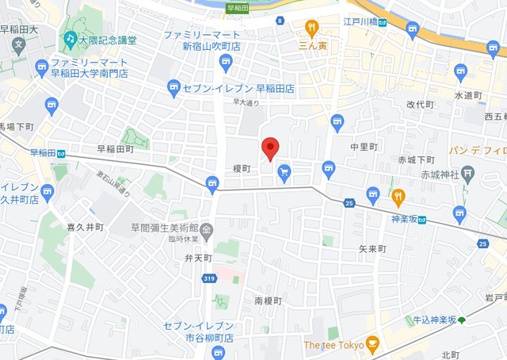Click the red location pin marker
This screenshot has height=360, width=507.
270,147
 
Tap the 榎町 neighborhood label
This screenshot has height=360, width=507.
242,169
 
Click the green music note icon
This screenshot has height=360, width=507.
71,38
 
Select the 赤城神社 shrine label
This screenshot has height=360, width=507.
440,174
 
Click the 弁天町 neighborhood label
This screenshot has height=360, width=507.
198,258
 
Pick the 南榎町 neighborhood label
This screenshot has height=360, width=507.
268,301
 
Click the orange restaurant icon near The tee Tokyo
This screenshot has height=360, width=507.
372,345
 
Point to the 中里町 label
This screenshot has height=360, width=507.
364,147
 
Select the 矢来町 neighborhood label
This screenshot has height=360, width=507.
372,249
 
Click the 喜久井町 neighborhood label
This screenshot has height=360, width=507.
85,227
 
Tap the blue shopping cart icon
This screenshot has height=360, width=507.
284,171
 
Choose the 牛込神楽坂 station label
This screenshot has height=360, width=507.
435,320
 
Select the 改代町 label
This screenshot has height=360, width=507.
421,105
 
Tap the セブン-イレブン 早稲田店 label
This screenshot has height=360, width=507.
241,89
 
